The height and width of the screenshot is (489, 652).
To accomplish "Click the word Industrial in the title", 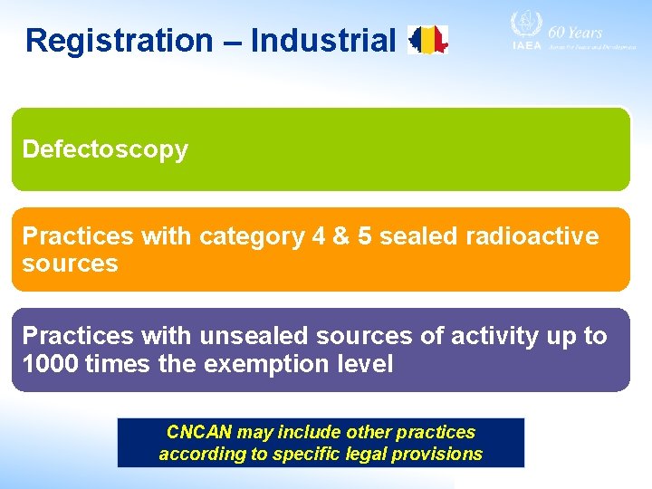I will coord(323,41).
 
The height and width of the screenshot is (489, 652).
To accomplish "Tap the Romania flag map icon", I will coord(428,40).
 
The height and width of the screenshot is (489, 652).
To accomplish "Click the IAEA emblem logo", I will coord(525,27).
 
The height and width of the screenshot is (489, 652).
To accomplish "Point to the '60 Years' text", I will coord(575,32).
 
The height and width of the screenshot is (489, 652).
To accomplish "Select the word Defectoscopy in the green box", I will coord(105,149).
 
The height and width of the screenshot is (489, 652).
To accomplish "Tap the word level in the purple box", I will coord(361,364).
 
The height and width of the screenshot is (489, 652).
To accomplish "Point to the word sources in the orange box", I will coord(70,264).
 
